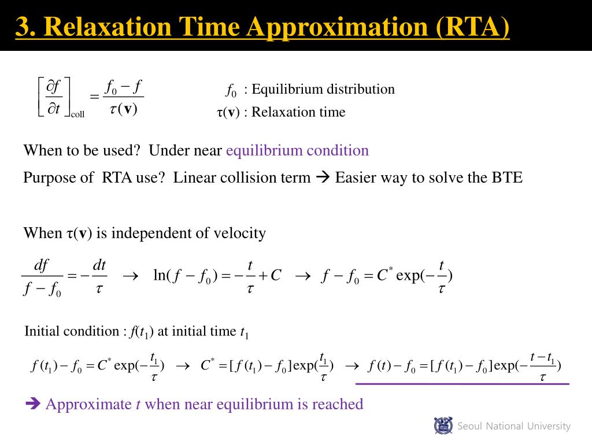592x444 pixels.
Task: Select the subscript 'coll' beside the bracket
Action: coord(77,114)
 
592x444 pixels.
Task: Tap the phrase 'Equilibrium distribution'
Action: coord(323,89)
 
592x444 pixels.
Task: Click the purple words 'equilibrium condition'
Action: coord(297,151)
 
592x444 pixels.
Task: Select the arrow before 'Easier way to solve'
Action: coord(323,178)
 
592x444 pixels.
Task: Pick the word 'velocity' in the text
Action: coord(239,233)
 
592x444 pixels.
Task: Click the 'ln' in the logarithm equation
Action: coord(159,276)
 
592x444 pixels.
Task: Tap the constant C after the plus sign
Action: coord(276,276)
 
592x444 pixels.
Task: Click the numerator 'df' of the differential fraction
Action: coord(41,265)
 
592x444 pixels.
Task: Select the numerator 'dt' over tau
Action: coord(99,265)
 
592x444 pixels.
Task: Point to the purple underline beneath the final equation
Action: coord(462,384)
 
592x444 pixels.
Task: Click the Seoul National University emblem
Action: coord(443,426)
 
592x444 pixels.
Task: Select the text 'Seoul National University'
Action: coord(514,427)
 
